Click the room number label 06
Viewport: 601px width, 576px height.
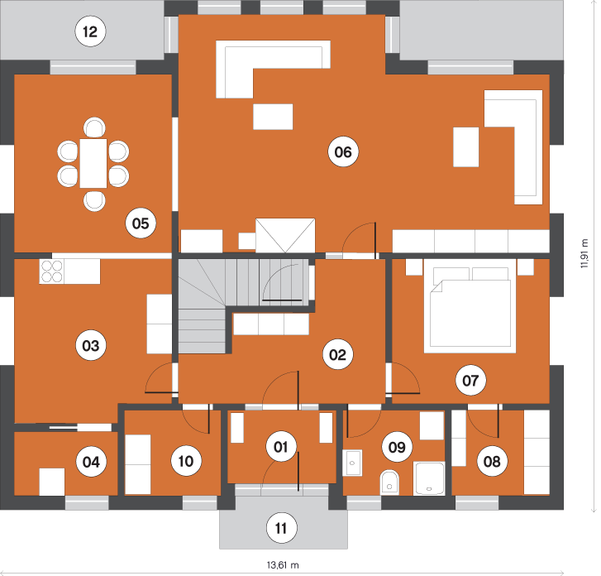343,152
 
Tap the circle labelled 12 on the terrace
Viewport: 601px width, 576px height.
90,31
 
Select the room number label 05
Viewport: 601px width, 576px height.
141,223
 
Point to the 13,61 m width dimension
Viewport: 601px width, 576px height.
283,565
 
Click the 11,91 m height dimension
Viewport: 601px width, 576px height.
584,253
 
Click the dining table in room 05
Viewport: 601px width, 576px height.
93,164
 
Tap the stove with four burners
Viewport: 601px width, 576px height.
52,271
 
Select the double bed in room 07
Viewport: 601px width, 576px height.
470,306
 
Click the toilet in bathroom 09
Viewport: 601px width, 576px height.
389,482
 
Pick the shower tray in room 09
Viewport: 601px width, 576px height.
429,478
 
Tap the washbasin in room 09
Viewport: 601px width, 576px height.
353,463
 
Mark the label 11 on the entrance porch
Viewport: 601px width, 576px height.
281,529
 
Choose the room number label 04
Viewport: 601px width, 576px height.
91,462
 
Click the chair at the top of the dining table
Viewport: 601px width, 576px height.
94,127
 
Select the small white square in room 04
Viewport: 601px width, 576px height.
52,482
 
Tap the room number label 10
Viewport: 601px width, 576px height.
186,461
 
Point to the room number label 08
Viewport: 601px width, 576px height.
492,461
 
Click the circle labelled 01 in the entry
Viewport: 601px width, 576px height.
281,447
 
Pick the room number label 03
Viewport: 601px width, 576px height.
91,345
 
